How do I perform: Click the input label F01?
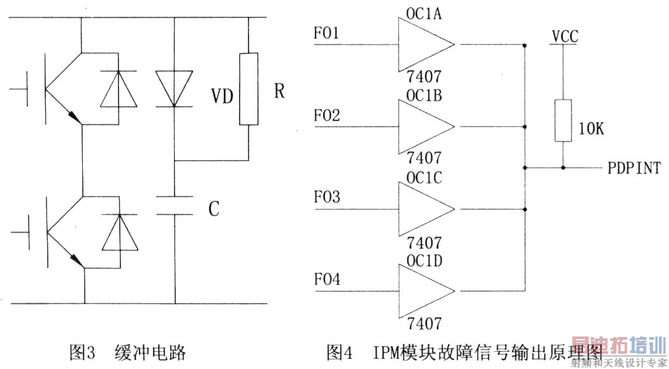[x=327, y=33]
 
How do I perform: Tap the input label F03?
[x=327, y=198]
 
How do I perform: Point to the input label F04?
[x=327, y=280]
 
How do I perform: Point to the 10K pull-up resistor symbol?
[x=563, y=120]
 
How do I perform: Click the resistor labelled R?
[x=248, y=89]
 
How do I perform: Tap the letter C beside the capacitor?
[x=214, y=208]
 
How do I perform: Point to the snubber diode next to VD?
[x=174, y=89]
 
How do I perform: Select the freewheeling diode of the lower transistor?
[x=119, y=233]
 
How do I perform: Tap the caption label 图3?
[x=82, y=351]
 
